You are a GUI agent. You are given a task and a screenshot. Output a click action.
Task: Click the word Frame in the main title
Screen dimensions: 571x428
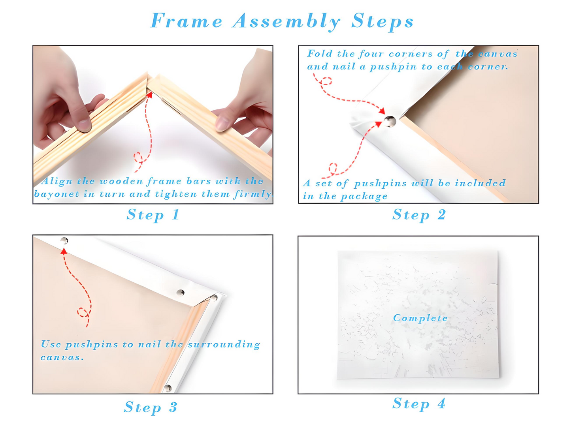(186, 21)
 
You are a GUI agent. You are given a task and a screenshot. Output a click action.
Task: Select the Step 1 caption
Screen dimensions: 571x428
(153, 215)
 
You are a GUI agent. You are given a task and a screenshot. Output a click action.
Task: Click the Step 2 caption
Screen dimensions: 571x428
(419, 215)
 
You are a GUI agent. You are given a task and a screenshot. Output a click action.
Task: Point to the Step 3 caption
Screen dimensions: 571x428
(151, 407)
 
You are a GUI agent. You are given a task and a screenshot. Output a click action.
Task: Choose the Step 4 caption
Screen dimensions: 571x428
(419, 404)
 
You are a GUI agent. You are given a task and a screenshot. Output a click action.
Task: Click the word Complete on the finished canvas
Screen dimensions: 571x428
(420, 318)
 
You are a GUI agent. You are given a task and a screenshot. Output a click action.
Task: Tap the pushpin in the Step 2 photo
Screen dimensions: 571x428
(390, 121)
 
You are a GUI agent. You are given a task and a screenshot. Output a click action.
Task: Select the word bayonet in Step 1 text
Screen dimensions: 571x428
(57, 194)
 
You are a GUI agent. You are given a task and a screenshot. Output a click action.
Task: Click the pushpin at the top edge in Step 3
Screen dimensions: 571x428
(64, 240)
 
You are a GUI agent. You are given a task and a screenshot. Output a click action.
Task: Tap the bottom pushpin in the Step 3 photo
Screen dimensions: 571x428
(168, 388)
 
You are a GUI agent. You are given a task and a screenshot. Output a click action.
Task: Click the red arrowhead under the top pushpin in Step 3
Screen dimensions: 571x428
(64, 251)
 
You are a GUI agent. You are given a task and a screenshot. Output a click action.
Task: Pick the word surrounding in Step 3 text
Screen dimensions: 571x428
(224, 345)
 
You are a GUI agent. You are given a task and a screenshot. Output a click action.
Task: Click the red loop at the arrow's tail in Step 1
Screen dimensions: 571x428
(138, 158)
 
